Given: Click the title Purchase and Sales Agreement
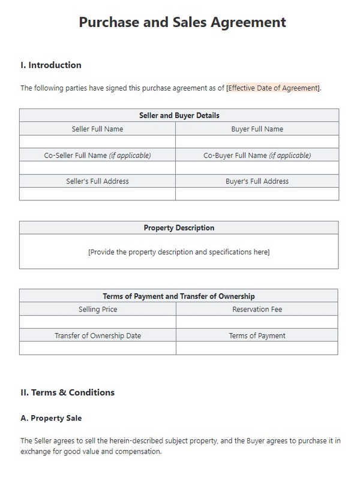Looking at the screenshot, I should (x=182, y=23).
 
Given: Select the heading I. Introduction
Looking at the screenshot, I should (x=51, y=65).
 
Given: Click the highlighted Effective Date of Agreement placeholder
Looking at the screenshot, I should (x=273, y=88).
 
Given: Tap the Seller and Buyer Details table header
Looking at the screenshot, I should (x=179, y=115).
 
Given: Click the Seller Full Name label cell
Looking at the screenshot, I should (x=97, y=129).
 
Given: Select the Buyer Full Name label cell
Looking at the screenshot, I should (x=257, y=129).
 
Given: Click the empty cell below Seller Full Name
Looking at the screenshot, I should (x=97, y=142).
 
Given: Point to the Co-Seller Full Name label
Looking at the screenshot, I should (x=97, y=155).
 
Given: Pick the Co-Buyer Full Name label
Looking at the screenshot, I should (x=257, y=155).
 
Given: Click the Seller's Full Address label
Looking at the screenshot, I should (x=97, y=181).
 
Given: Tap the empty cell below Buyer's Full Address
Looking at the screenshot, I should (x=257, y=194).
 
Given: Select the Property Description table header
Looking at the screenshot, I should (x=179, y=228).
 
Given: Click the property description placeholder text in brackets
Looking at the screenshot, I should (x=179, y=252).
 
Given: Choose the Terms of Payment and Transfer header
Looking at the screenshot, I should (x=179, y=296).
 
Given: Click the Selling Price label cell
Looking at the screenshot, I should (x=98, y=310).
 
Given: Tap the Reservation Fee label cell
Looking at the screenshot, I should (x=257, y=310).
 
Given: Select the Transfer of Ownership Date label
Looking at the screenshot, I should (x=98, y=336).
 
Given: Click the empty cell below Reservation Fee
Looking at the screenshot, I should (x=257, y=322).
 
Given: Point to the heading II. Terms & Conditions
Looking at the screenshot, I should (x=67, y=392).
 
